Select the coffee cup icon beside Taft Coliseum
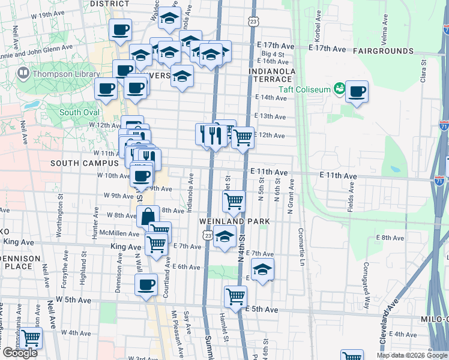pos(357,92)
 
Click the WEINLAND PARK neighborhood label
pos(232,221)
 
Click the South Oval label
pos(79,112)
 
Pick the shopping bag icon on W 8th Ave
pos(148,215)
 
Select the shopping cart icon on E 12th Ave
pos(243,138)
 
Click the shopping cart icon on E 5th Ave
pos(235,296)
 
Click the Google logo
pos(19,352)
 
